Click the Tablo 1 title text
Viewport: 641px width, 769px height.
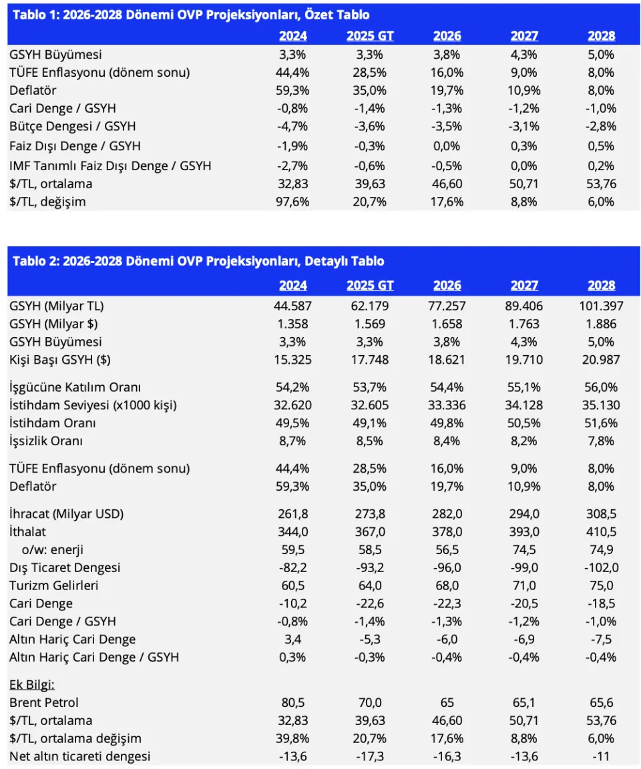pos(191,15)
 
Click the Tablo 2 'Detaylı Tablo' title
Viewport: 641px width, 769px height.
pos(198,261)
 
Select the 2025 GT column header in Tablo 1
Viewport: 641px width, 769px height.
pos(370,36)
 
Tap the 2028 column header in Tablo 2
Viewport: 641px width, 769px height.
pos(602,286)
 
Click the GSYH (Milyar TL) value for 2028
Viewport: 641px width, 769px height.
pos(602,306)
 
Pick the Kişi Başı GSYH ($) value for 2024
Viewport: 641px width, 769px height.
pos(293,360)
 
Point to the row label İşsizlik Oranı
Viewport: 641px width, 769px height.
pos(46,441)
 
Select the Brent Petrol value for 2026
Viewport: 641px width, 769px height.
pos(447,703)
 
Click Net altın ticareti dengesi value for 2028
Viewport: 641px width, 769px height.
pos(602,756)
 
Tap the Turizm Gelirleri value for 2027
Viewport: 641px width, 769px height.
pos(524,585)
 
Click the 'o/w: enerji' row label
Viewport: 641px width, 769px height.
pos(53,550)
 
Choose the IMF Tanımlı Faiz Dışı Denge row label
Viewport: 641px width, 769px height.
pos(110,166)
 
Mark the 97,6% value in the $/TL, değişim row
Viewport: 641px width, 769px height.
pos(293,202)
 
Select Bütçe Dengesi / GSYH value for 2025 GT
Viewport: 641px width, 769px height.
pos(370,127)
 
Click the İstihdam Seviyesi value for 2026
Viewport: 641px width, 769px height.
pos(447,406)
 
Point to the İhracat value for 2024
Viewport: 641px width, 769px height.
pos(293,514)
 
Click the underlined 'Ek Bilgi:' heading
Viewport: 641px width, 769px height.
pos(32,685)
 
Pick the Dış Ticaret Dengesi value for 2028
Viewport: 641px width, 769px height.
pos(602,568)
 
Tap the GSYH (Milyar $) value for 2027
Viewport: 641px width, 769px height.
pos(524,324)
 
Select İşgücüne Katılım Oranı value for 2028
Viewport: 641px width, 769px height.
pos(602,387)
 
